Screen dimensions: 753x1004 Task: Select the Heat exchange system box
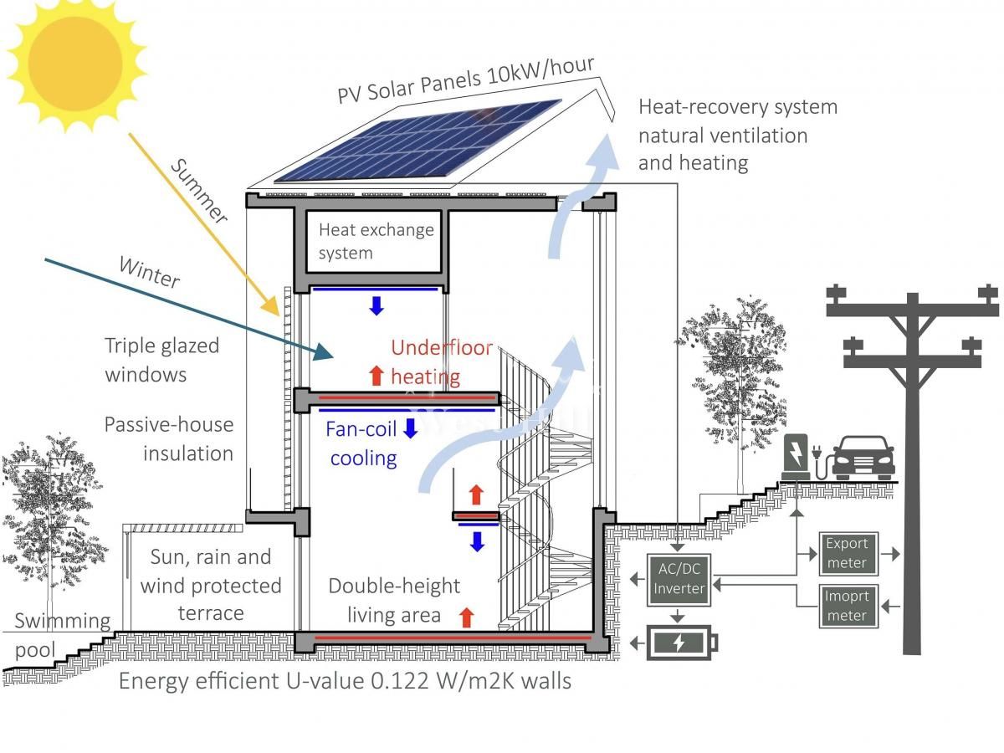click(x=376, y=241)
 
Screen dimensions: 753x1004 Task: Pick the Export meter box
click(x=847, y=554)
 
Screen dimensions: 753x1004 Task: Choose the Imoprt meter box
click(x=847, y=606)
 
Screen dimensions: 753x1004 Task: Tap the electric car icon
click(x=863, y=458)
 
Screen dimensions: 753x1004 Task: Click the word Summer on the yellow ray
click(x=198, y=191)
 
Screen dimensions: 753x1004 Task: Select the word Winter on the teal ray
click(x=149, y=273)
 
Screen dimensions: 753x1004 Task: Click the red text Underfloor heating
click(x=441, y=361)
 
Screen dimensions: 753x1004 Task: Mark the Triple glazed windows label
click(x=161, y=360)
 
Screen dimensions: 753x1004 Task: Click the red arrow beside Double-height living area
click(x=467, y=617)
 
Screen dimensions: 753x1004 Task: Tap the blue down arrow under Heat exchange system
click(x=376, y=305)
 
